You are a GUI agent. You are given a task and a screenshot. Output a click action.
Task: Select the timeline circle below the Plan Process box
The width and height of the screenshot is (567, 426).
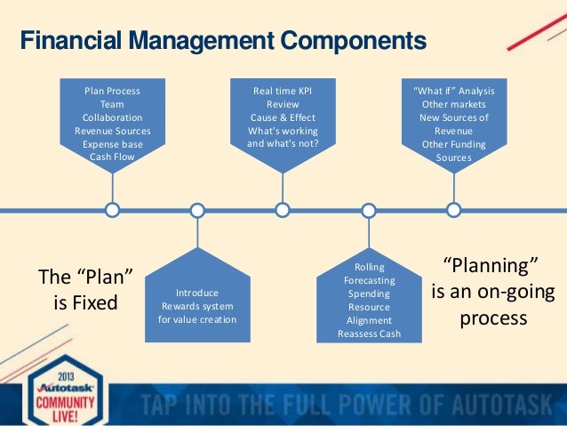[113, 211]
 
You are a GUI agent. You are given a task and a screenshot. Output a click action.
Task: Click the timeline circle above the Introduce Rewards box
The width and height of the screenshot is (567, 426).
[197, 211]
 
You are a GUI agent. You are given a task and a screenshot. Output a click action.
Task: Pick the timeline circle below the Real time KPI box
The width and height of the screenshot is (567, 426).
[283, 211]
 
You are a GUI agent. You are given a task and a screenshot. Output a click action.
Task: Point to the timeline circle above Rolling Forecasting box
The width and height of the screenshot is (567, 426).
[369, 211]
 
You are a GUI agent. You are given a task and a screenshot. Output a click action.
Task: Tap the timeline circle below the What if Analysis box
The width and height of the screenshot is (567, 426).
[453, 211]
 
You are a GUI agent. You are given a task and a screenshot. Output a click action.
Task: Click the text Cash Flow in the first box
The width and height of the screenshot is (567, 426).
[112, 157]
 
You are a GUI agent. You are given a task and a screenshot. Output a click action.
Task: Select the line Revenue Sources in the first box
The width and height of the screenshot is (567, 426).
[112, 131]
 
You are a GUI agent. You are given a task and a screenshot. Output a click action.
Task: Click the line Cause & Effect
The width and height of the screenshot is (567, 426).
[283, 117]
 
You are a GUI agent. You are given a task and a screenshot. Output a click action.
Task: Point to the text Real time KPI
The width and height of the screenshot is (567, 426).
[283, 91]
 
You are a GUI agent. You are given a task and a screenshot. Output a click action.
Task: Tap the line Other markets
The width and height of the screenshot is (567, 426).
[453, 104]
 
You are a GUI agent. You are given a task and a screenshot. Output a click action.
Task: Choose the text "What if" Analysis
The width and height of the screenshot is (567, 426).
[453, 91]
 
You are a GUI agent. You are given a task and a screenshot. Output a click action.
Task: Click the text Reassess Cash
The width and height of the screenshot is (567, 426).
[369, 334]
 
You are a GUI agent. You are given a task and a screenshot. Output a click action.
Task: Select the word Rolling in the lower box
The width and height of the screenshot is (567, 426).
[369, 267]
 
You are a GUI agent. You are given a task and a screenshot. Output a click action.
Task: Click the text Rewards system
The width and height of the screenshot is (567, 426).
[197, 306]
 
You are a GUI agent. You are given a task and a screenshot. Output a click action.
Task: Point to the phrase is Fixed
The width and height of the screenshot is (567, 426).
[85, 302]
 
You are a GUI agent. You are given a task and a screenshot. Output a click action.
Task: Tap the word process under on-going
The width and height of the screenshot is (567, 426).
[492, 317]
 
